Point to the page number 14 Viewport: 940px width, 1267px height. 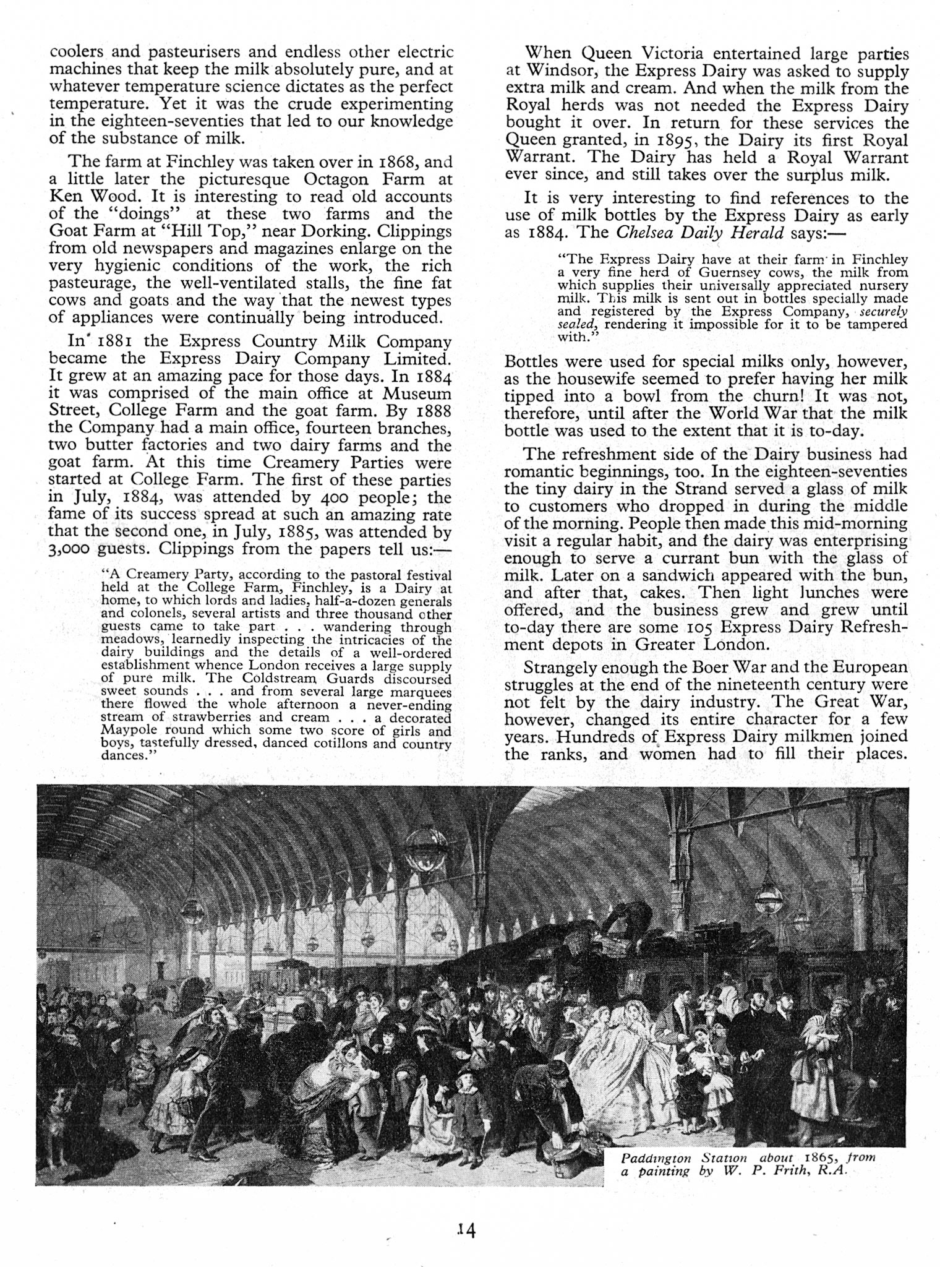pyautogui.click(x=464, y=1230)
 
